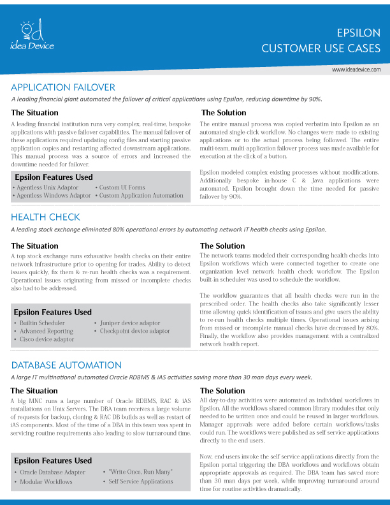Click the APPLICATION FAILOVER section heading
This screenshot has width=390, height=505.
coord(63,87)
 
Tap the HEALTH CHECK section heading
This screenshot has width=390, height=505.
coord(45,217)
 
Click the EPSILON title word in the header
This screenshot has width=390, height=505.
coord(359,33)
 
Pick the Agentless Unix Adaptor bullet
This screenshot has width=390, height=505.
coord(48,187)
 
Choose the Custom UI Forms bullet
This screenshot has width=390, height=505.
coord(122,187)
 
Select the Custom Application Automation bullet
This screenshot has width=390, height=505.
coord(141,196)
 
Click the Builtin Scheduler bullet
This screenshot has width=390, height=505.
coord(44,323)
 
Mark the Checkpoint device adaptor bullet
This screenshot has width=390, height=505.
coord(134,332)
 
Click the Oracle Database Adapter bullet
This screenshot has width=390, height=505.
coord(52,472)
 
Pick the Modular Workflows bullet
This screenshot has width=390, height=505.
coord(46,481)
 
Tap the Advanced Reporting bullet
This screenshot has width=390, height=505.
coord(47,332)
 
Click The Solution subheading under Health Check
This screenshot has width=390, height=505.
coord(222,245)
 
